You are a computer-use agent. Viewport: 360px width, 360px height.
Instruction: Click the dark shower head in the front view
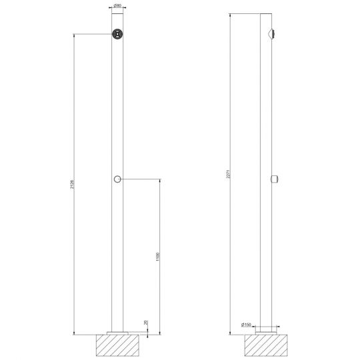tap(117, 35)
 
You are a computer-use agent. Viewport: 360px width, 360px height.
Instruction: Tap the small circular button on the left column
tap(117, 179)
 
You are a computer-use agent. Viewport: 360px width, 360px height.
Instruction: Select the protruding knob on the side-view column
tap(275, 178)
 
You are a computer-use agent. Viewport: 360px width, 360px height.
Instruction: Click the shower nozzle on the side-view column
tap(274, 34)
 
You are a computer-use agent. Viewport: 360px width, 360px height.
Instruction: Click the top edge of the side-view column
tap(265, 13)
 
